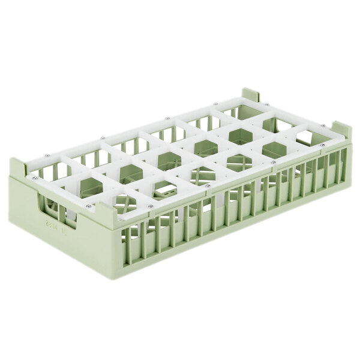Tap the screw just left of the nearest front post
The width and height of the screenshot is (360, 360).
tap(89, 207)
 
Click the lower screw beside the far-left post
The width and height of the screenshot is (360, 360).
tap(35, 178)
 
